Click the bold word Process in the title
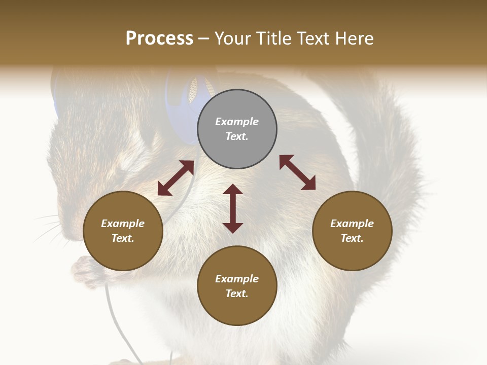(x=159, y=39)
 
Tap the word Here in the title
(x=354, y=39)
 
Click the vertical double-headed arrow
(x=233, y=208)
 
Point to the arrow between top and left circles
(x=176, y=178)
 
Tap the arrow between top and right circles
(x=297, y=172)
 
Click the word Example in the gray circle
(x=237, y=122)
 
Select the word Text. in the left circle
(x=123, y=238)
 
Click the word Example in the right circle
(x=352, y=224)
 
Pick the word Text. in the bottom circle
(x=237, y=294)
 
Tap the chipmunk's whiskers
(x=48, y=228)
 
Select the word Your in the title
(x=232, y=39)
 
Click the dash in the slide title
(x=204, y=39)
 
